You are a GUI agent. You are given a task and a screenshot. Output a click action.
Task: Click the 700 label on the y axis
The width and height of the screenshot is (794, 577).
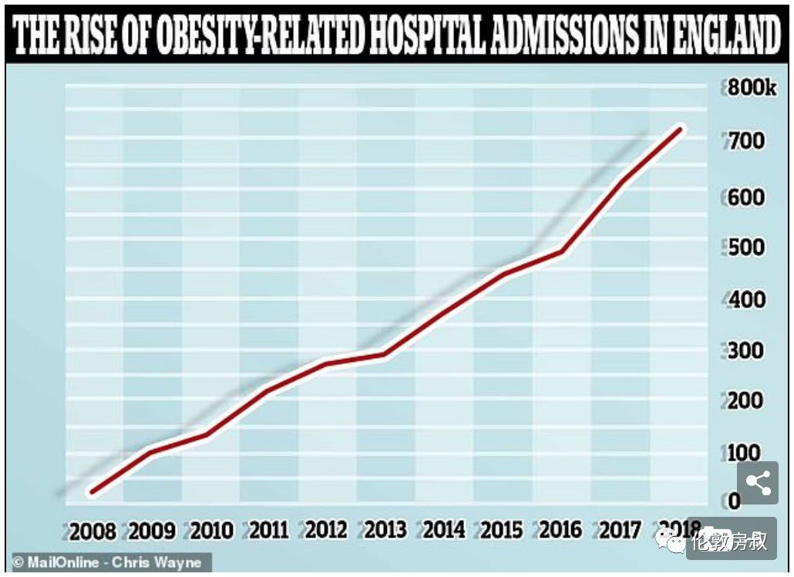pos(747,141)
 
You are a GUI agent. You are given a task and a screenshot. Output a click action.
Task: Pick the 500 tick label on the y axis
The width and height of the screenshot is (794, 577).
pos(747,248)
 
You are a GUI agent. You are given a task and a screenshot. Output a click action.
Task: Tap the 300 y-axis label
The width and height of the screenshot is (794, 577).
pos(747,350)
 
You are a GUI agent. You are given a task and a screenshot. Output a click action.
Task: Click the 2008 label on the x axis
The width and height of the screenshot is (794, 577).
pos(93,531)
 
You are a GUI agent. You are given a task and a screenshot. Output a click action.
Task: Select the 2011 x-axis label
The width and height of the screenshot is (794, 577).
pos(267,530)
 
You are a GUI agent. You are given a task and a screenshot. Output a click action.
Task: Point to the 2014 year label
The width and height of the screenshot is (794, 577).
pos(444,529)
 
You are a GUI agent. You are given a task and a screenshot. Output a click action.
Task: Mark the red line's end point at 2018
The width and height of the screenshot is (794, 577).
pos(680,129)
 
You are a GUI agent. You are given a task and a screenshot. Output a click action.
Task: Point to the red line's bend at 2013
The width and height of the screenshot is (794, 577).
pos(385,354)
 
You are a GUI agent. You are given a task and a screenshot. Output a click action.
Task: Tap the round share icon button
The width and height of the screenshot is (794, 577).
pos(759,484)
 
